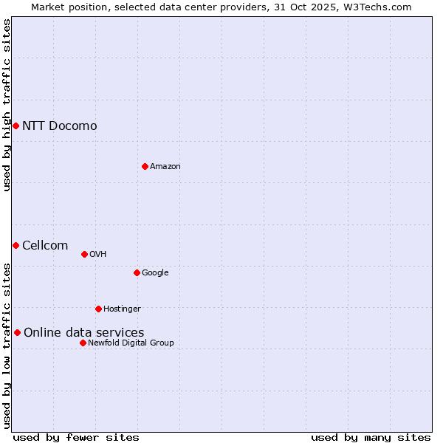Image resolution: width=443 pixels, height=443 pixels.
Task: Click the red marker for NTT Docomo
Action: click(16, 126)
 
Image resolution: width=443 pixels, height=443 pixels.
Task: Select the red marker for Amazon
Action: click(145, 166)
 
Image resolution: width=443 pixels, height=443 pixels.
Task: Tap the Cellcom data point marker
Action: click(16, 245)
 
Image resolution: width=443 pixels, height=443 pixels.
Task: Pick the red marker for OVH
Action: click(84, 254)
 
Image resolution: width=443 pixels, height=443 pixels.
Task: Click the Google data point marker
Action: click(137, 272)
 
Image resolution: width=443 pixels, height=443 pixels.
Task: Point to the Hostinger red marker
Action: click(98, 309)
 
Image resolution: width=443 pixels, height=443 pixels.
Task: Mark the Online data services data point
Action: click(17, 332)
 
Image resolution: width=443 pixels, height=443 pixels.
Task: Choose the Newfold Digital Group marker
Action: click(83, 343)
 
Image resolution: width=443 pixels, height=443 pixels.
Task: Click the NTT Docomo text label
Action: click(59, 126)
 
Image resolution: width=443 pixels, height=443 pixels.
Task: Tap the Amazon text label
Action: click(165, 166)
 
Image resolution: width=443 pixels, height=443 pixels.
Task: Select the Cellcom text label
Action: click(45, 245)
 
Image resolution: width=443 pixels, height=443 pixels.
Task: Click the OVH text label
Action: click(97, 254)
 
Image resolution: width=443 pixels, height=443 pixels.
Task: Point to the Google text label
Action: click(155, 272)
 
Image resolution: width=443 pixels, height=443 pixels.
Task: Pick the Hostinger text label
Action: click(122, 309)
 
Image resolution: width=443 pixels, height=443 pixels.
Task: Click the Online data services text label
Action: click(83, 332)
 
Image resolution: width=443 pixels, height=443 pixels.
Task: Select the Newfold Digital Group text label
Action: click(131, 343)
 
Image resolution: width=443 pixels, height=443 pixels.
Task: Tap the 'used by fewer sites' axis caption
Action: click(76, 437)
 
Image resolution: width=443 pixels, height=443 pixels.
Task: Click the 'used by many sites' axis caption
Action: click(371, 437)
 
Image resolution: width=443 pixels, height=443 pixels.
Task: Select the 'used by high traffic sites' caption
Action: click(7, 105)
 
